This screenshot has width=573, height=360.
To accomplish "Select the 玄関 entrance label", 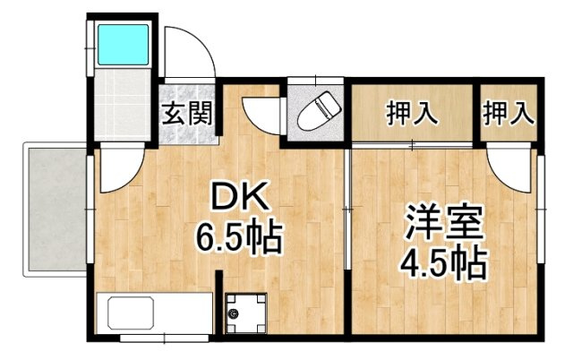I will (187, 114).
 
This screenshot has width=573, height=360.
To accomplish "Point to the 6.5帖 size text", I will (240, 237).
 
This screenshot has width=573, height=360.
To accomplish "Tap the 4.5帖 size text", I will (442, 262).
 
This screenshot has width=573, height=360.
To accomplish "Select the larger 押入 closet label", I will (411, 113).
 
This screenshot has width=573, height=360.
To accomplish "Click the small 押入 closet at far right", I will (509, 113).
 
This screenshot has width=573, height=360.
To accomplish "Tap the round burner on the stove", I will (235, 313).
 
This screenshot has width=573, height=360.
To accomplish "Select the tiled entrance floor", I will (188, 125).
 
